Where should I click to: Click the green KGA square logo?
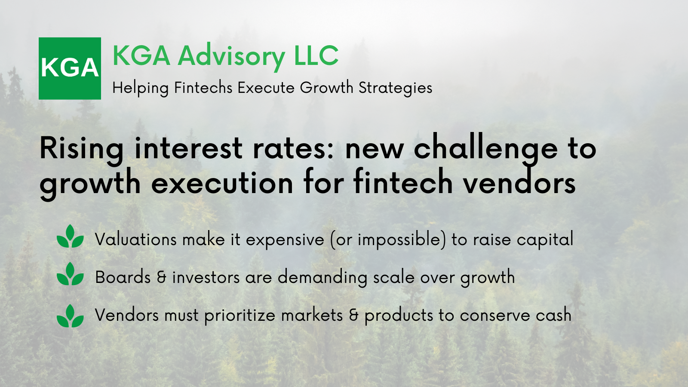point(70,68)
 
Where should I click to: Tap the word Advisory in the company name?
point(232,57)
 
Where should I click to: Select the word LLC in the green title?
point(316,55)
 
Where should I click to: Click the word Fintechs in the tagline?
point(203,88)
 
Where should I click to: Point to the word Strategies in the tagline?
point(395,88)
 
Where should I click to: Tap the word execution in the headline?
point(222,184)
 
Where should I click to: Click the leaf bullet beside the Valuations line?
point(71,236)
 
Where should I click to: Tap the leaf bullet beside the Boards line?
point(71,274)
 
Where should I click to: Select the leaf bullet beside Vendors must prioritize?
point(71,316)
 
